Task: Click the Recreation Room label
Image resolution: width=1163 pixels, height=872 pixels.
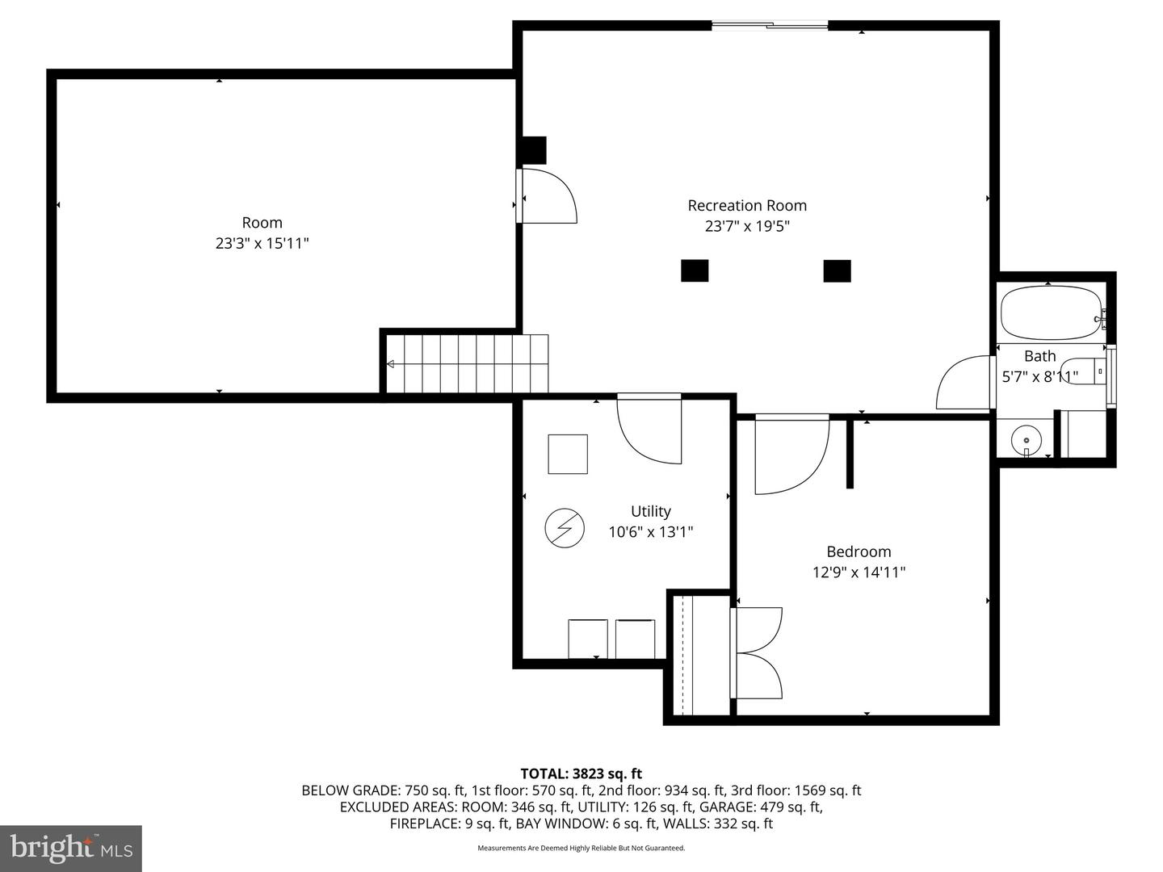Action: pos(747,206)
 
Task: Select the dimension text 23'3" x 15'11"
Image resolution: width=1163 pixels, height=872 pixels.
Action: pos(262,243)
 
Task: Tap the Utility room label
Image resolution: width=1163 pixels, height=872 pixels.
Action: pos(650,511)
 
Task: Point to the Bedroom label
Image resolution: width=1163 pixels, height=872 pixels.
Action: pos(859,551)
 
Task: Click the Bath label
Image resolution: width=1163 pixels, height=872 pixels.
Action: pos(1039,356)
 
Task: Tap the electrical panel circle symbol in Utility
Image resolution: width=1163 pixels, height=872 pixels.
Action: pos(565,528)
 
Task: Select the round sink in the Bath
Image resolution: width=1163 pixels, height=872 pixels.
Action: pos(1026,441)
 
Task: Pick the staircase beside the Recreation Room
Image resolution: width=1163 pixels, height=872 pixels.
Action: pos(467,364)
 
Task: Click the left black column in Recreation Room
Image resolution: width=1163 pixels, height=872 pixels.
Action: pos(695,270)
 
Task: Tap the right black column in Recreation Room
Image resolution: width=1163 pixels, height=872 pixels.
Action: pos(837,270)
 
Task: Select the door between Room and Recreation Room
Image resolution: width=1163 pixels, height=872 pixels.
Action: pos(547,195)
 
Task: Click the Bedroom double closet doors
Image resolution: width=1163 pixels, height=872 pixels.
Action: pos(757,652)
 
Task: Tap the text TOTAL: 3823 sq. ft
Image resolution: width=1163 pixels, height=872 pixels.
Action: pos(581,773)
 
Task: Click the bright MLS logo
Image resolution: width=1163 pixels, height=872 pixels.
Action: pos(71,848)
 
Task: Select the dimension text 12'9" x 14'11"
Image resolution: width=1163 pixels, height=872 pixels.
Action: pos(859,572)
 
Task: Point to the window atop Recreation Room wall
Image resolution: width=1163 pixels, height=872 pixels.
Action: pos(770,26)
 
